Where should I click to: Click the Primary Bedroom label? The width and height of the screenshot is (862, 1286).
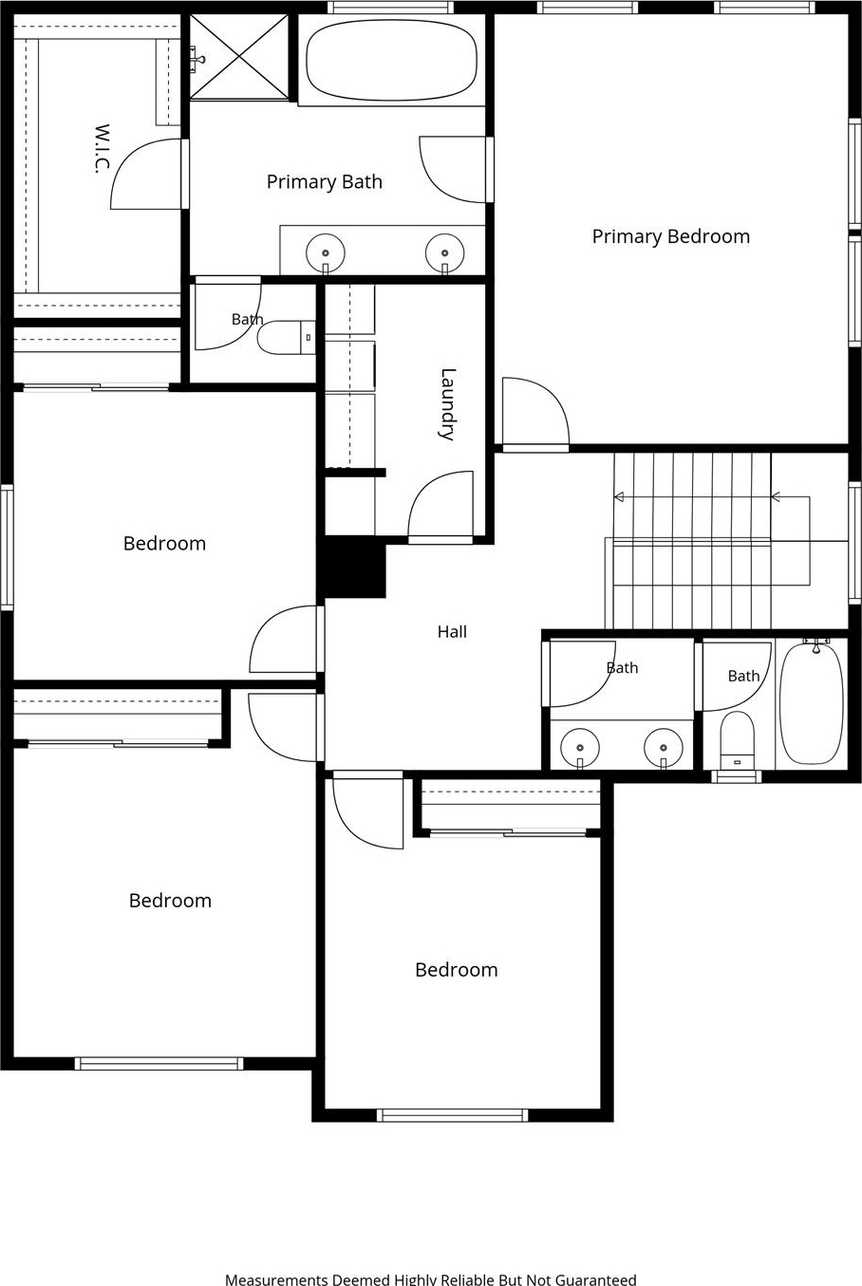point(671,236)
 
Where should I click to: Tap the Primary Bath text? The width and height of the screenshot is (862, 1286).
point(325,182)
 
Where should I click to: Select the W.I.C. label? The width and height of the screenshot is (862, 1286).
point(101,148)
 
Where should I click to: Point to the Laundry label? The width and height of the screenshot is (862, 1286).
point(447,404)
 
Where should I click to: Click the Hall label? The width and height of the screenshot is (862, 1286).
point(452,632)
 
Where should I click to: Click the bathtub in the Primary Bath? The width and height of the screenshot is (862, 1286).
point(392,61)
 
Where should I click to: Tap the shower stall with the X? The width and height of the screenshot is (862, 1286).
point(239,57)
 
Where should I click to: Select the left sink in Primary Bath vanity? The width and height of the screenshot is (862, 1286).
point(326,252)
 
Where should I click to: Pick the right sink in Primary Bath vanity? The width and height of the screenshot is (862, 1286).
point(445,252)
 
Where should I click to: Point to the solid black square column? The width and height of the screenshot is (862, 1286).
point(351,568)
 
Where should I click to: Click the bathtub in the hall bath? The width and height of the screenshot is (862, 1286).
point(812,704)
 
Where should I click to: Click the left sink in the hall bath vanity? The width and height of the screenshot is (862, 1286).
point(580,748)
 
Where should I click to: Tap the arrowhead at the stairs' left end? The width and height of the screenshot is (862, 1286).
point(619,496)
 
